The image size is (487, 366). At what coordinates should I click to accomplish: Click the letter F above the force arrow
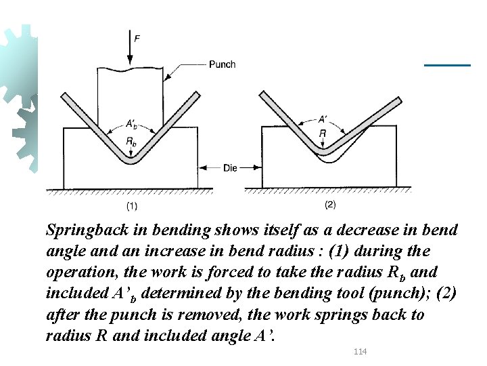tap(137, 39)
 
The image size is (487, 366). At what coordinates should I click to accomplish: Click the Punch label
tap(223, 65)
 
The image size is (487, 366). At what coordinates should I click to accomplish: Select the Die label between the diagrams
tap(229, 167)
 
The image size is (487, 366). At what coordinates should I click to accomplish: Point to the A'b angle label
tap(131, 124)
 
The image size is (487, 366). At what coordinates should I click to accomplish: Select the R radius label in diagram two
tap(323, 134)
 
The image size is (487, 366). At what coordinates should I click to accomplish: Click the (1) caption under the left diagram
tap(132, 205)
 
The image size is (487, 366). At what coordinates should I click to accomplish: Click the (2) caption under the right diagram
tap(330, 204)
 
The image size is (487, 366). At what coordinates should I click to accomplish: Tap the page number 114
tap(361, 351)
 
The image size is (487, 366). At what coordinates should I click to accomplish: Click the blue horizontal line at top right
tap(447, 65)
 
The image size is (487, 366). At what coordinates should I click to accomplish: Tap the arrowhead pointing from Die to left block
tap(200, 167)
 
